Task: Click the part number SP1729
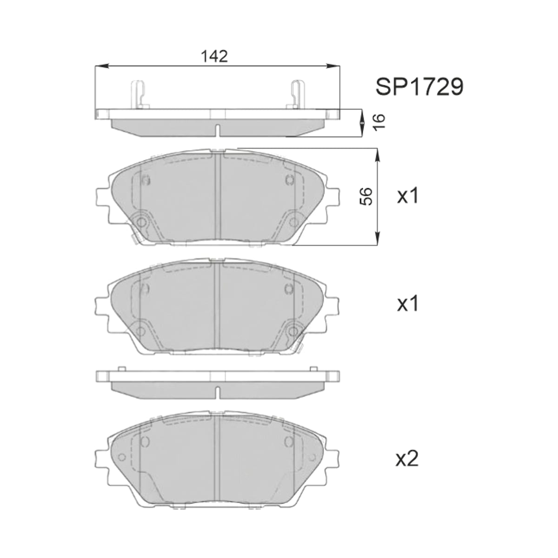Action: pyautogui.click(x=419, y=86)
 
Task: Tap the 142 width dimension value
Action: pyautogui.click(x=214, y=56)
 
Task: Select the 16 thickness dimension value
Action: pyautogui.click(x=379, y=122)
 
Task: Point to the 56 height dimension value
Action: pyautogui.click(x=367, y=196)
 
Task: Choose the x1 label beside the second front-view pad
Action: pyautogui.click(x=408, y=304)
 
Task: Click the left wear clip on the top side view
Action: pyautogui.click(x=139, y=94)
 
